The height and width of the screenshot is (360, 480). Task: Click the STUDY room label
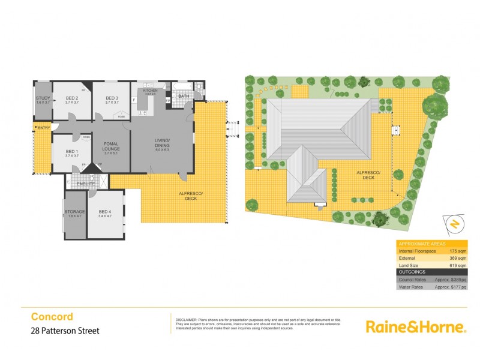coord(43,98)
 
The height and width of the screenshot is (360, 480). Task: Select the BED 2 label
coord(71,98)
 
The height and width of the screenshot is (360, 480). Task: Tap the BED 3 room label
coord(112,98)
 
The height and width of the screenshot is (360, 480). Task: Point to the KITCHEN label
coord(149,90)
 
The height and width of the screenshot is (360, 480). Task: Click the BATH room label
coord(184,95)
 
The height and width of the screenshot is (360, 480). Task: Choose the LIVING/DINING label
coord(163,143)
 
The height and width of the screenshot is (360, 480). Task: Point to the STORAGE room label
coord(75,212)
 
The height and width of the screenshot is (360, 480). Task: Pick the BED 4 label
coord(105,212)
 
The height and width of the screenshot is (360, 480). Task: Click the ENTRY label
coord(43,127)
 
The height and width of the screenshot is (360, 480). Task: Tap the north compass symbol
coord(455,224)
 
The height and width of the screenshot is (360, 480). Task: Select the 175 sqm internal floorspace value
coord(457,250)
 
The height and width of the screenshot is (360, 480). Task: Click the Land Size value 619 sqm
coord(457,265)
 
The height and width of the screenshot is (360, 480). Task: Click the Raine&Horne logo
coord(416,327)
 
